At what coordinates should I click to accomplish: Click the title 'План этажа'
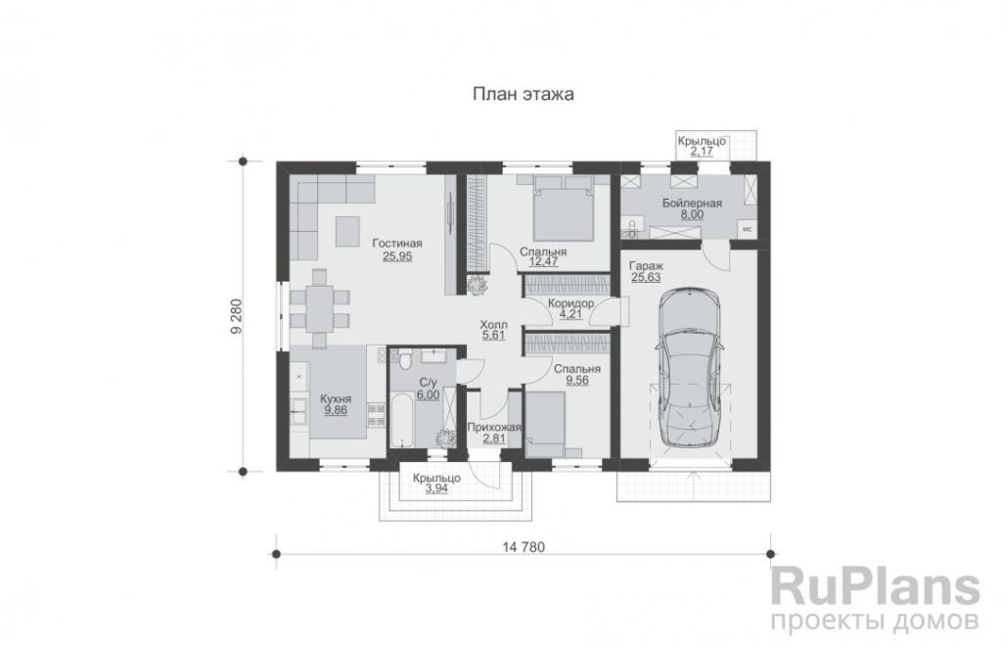tap(523, 94)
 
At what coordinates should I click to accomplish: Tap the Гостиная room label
tap(397, 244)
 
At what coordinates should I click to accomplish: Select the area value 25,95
tap(397, 256)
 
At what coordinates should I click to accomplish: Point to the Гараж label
tap(646, 265)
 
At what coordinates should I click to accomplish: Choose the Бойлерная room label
tap(692, 204)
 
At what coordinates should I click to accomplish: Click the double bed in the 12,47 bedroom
tap(563, 208)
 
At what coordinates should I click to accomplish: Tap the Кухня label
tap(336, 399)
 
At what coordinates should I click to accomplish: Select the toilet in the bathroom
tap(404, 361)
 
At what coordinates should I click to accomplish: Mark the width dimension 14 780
tap(524, 547)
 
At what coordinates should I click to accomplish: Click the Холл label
tap(493, 325)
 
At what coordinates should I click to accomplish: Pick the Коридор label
tap(570, 303)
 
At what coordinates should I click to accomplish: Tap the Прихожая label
tap(494, 428)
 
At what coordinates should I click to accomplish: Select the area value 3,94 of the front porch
tap(436, 489)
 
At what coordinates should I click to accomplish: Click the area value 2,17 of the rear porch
tap(701, 152)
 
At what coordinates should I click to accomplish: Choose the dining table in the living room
tap(319, 308)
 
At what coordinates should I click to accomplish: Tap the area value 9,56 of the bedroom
tap(577, 381)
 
